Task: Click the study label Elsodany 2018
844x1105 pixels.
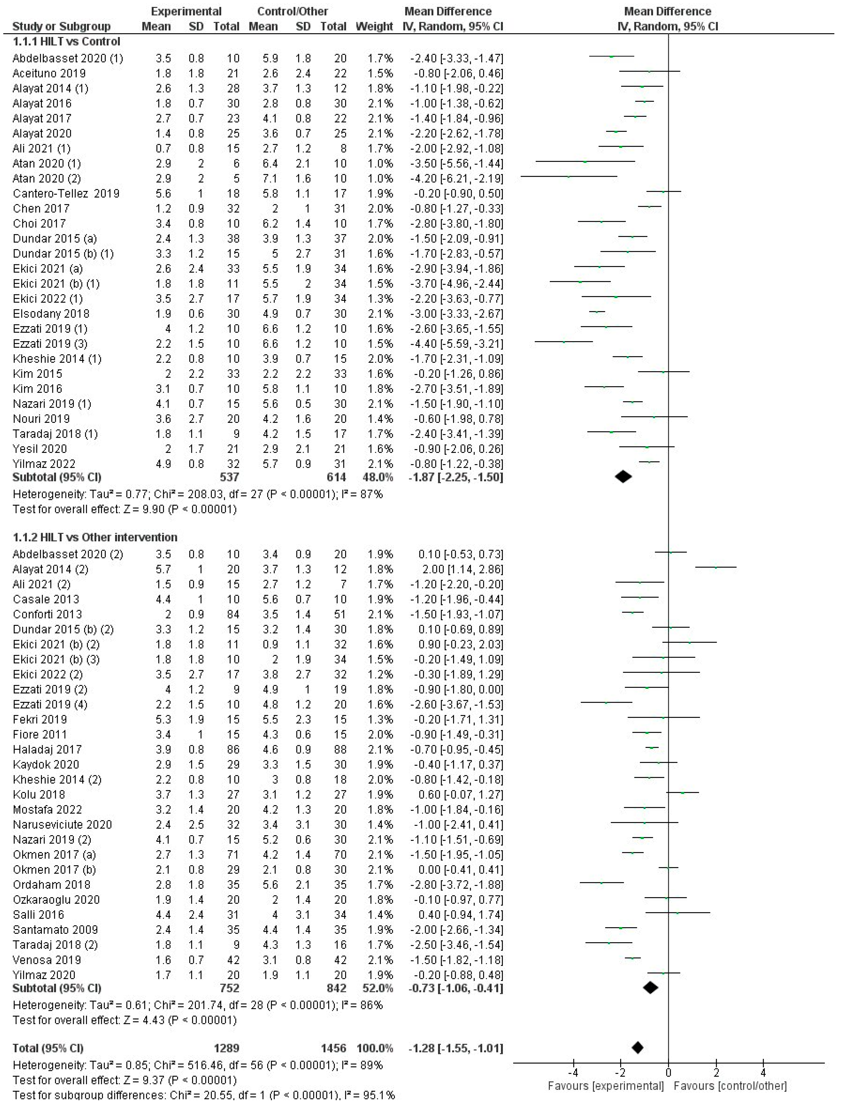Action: tap(51, 314)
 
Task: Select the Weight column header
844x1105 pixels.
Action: tap(374, 26)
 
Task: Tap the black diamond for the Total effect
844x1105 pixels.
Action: tap(637, 1048)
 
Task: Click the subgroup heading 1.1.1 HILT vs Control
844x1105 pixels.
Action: tap(66, 41)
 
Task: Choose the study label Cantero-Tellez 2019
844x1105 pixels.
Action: tap(66, 193)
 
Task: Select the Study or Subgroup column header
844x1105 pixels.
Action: tap(61, 26)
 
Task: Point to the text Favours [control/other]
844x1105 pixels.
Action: tap(730, 1086)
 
